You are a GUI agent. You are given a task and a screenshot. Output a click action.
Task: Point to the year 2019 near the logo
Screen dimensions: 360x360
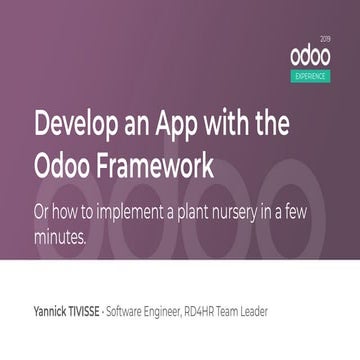coord(334,37)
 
